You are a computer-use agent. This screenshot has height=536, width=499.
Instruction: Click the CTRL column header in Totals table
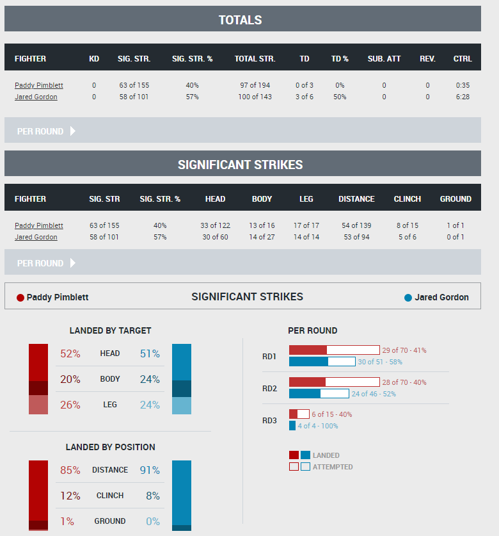(x=463, y=59)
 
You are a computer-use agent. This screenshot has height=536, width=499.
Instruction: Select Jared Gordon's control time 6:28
(x=463, y=97)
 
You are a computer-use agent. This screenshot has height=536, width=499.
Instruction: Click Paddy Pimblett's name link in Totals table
(x=39, y=85)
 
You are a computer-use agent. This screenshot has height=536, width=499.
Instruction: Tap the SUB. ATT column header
(x=384, y=59)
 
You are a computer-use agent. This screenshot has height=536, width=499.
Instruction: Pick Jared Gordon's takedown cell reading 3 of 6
(x=304, y=97)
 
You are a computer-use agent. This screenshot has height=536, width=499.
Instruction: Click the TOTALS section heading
(x=240, y=20)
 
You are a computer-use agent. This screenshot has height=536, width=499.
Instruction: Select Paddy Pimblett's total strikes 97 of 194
(x=255, y=85)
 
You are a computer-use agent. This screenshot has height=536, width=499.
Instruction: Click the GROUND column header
(x=455, y=199)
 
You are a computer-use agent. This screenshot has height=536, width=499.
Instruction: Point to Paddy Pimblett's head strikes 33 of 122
(x=215, y=225)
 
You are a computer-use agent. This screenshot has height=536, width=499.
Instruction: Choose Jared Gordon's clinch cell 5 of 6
(x=407, y=237)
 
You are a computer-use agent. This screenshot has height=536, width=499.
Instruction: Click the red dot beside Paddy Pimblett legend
(x=20, y=298)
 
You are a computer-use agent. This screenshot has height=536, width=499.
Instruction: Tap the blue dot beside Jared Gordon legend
(x=408, y=298)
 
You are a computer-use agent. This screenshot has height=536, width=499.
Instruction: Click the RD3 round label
(x=269, y=421)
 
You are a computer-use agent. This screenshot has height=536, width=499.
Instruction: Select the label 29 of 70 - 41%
(x=404, y=350)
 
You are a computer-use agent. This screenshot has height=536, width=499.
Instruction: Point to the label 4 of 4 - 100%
(x=318, y=426)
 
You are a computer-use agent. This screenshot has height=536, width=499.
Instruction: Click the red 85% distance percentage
(x=70, y=470)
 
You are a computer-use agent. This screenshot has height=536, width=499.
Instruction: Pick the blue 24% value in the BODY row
(x=150, y=379)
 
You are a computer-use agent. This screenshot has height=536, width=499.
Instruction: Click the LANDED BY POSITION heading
(x=110, y=447)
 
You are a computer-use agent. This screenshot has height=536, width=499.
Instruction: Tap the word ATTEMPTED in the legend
(x=333, y=467)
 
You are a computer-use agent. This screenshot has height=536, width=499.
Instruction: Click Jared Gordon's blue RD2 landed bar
(x=305, y=394)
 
